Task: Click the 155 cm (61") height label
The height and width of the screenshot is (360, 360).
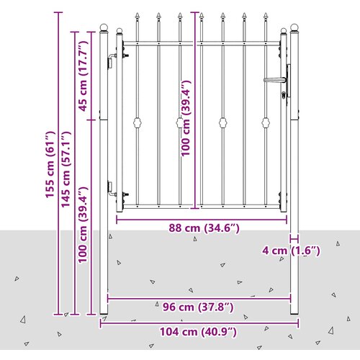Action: click(50, 164)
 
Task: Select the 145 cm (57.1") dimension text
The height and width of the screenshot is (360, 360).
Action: click(66, 169)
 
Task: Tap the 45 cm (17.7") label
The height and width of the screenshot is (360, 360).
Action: click(84, 76)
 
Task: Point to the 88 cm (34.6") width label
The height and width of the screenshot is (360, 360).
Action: click(204, 228)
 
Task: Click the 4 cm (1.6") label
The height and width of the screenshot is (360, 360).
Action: click(291, 251)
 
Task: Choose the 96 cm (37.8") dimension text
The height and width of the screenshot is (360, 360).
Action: click(198, 307)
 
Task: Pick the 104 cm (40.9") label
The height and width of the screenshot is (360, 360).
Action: click(198, 332)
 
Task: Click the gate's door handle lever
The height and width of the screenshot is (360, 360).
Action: click(275, 80)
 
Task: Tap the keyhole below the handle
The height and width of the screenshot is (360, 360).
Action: click(284, 95)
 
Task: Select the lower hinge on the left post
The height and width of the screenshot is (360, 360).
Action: click(111, 189)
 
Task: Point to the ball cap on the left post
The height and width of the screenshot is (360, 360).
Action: click(104, 27)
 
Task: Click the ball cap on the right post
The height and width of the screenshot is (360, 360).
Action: click(294, 27)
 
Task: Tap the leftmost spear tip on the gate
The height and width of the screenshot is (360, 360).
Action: click(138, 16)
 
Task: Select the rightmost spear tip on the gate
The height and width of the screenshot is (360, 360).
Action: click(266, 16)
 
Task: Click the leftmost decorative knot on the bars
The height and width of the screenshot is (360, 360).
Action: click(138, 122)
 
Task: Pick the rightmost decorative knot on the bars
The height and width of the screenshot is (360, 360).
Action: click(266, 122)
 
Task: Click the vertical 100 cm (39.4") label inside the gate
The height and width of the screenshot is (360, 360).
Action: click(186, 118)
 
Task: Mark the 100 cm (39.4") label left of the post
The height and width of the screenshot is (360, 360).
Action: click(84, 225)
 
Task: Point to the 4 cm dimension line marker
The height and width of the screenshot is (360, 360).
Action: click(294, 239)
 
